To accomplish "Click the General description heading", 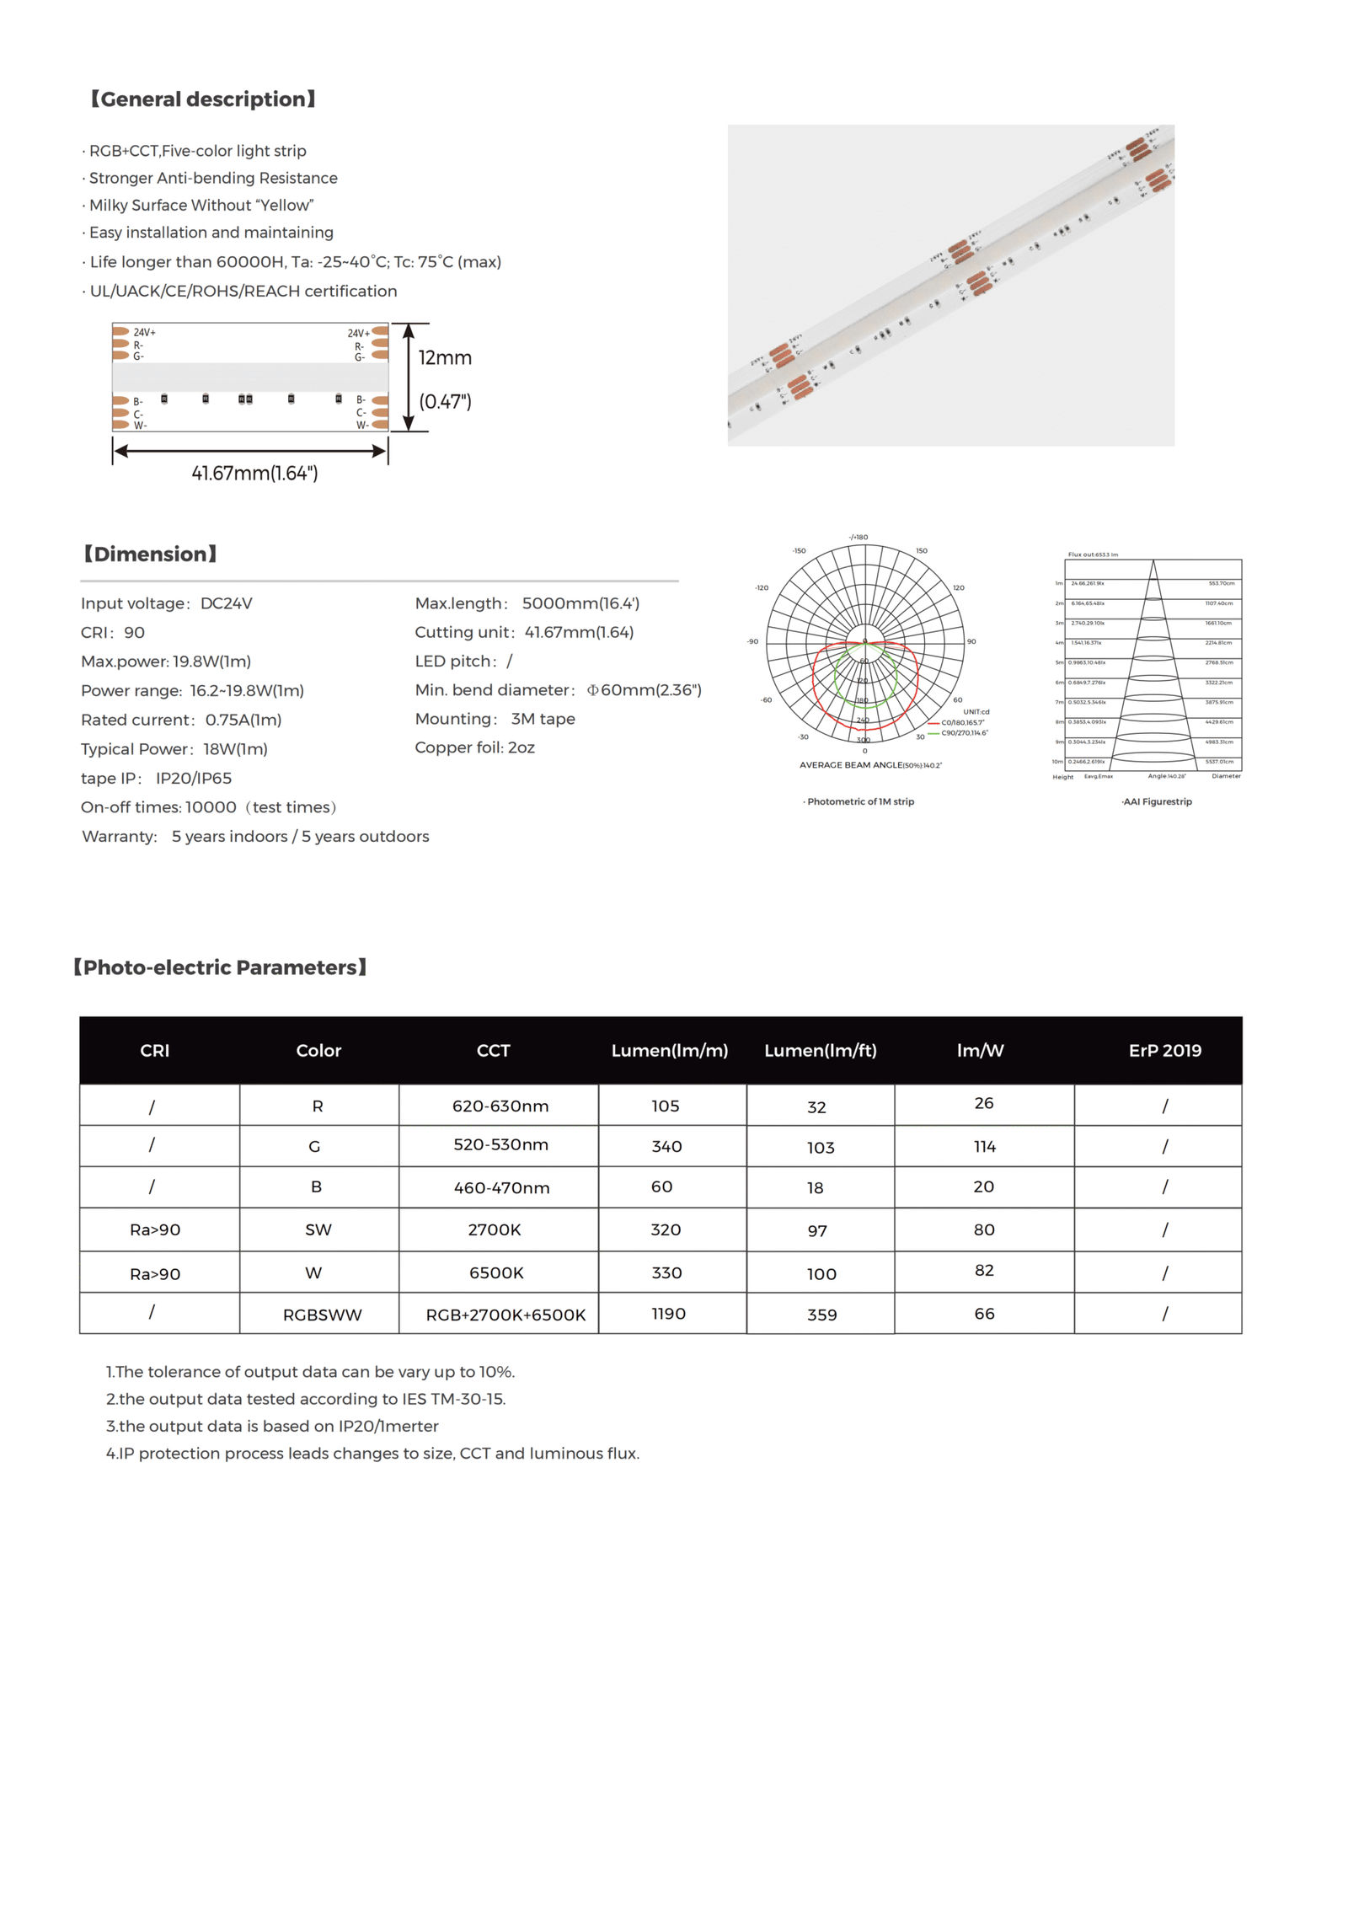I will tap(202, 99).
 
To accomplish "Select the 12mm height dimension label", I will tap(445, 357).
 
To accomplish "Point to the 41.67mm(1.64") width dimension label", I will tap(254, 473).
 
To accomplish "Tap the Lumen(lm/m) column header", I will tap(669, 1050).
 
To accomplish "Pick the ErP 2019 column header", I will tap(1164, 1050).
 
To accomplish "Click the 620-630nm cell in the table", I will tap(500, 1106).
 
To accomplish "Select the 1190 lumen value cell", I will tap(668, 1313).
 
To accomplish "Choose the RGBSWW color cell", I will tap(322, 1315).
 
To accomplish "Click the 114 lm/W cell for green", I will tap(984, 1146).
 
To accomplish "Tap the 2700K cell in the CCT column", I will tap(495, 1229).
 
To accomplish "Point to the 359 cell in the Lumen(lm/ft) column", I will tap(821, 1315).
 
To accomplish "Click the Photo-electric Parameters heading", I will tap(220, 967).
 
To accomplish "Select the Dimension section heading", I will tap(150, 554).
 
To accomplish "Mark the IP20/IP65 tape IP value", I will tap(193, 778).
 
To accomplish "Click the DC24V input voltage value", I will tap(226, 603).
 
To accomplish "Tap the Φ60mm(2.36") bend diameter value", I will tap(644, 689).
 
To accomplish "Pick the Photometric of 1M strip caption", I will tap(859, 801).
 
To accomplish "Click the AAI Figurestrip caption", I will tap(1157, 801).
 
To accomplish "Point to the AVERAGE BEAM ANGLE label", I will tap(869, 765).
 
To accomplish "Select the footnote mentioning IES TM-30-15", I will tap(305, 1399).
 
